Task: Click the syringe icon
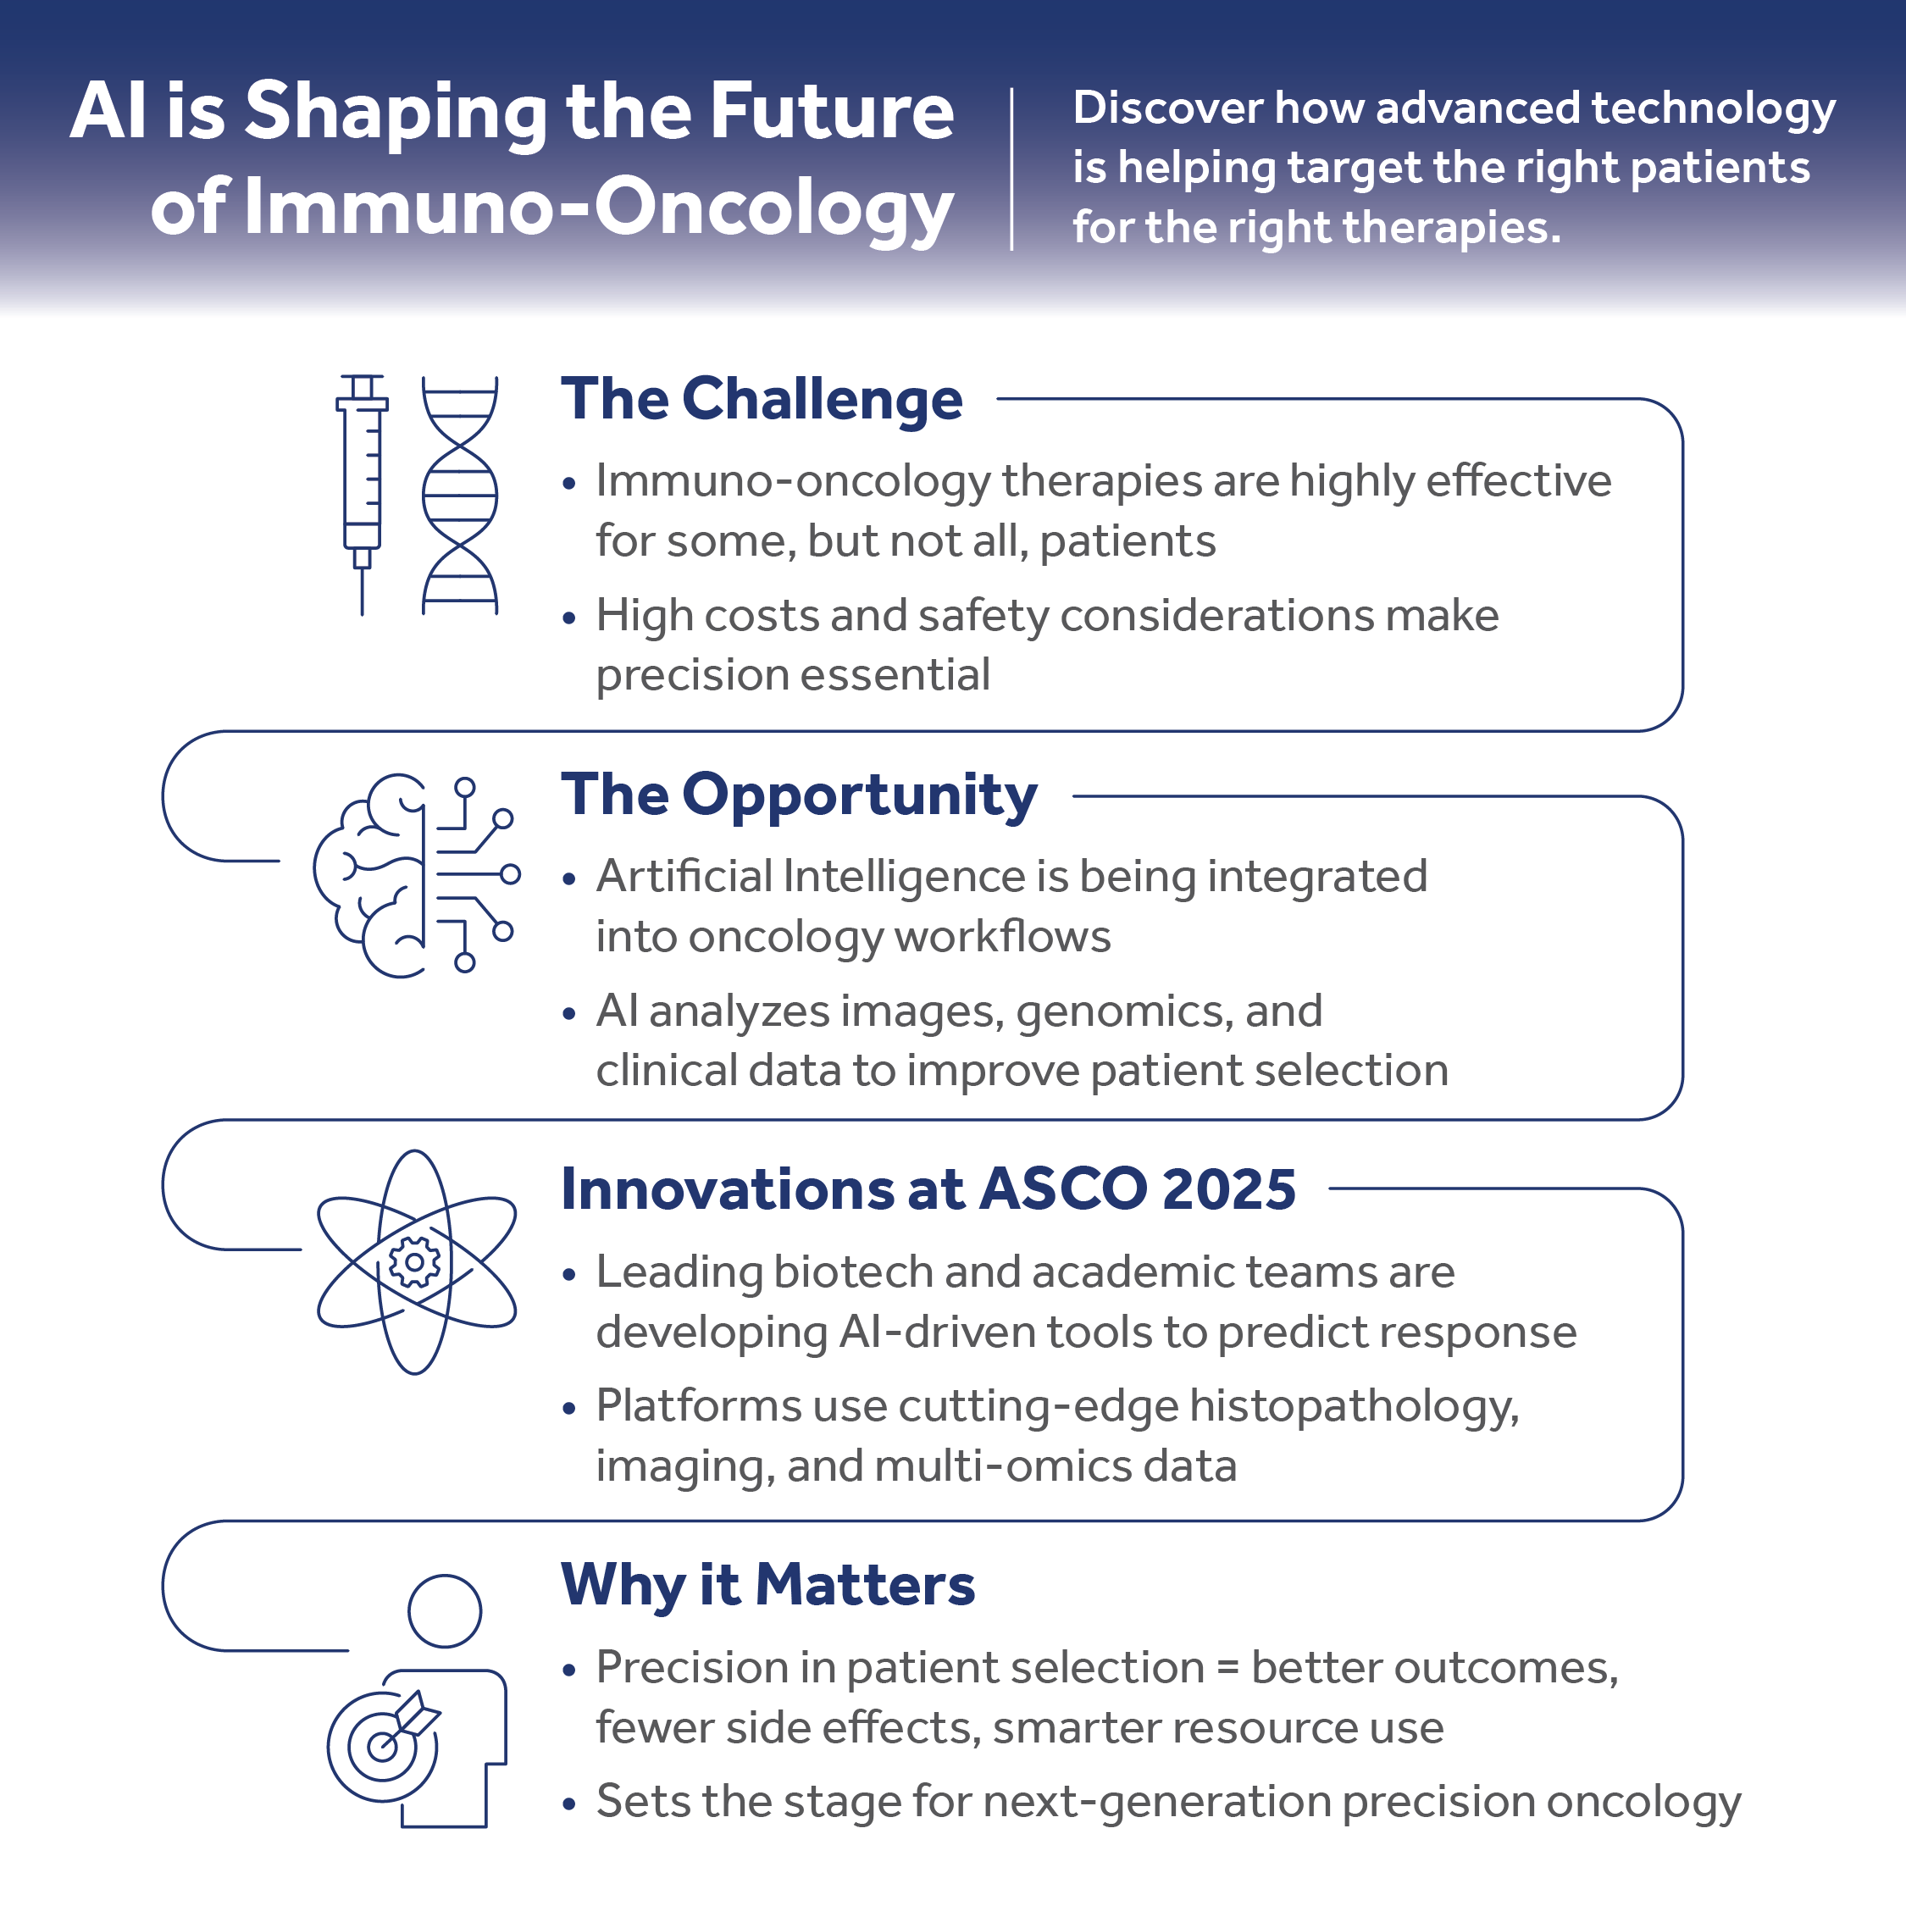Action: tap(362, 484)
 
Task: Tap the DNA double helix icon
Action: tap(460, 496)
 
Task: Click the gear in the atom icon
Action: tap(415, 1262)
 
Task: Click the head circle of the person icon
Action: tap(445, 1611)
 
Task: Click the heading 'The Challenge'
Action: tap(762, 400)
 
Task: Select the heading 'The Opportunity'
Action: tap(799, 795)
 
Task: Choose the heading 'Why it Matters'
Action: tap(767, 1586)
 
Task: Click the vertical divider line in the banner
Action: tap(1012, 168)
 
